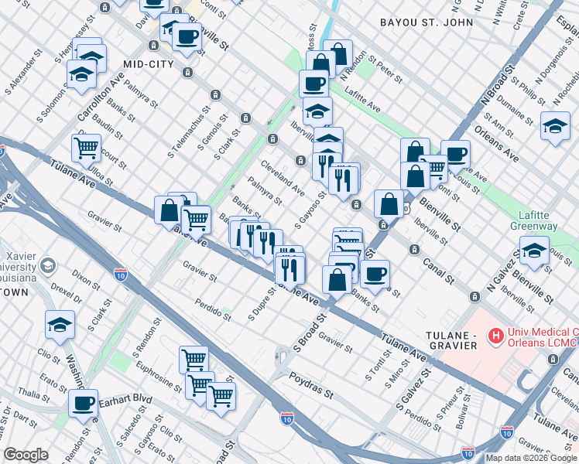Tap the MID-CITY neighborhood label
(x=148, y=64)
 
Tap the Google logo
(x=26, y=455)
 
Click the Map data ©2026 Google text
(x=531, y=458)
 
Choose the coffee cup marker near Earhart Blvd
(x=83, y=403)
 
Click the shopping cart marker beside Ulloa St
(x=86, y=145)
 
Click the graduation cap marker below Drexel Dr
(x=60, y=326)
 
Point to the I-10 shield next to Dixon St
(x=120, y=274)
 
